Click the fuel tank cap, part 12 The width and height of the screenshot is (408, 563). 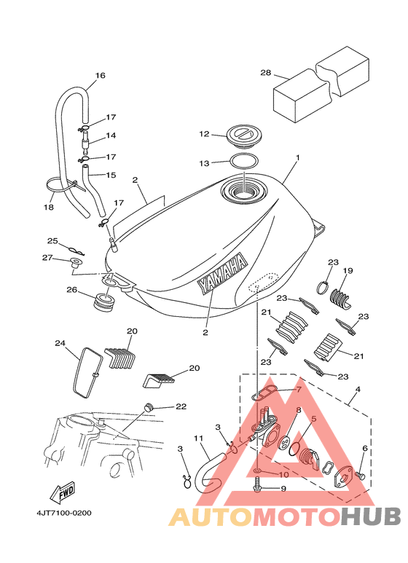tap(244, 135)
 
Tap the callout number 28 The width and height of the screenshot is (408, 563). tap(266, 73)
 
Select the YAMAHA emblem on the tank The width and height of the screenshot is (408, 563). tap(222, 274)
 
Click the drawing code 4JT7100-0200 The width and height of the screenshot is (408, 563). tap(64, 513)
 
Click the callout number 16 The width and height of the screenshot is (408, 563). tap(101, 76)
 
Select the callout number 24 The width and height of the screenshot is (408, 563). tap(60, 343)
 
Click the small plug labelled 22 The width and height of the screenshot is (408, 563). tap(149, 407)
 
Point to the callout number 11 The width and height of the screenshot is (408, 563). tap(198, 438)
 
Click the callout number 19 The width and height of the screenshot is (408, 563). tap(348, 270)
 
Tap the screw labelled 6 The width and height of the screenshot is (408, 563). tap(360, 476)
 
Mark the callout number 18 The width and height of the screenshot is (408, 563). tap(49, 207)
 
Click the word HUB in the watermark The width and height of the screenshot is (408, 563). tap(371, 517)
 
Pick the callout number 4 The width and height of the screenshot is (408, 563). tap(357, 389)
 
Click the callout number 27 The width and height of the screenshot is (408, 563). tap(47, 257)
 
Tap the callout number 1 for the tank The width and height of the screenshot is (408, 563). tap(298, 157)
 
